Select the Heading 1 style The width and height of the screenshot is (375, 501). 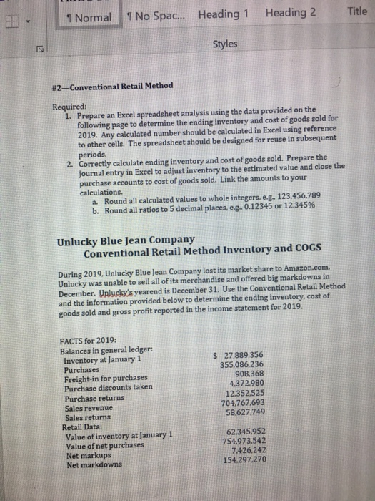point(224,14)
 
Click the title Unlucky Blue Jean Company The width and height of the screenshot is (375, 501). point(126,240)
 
